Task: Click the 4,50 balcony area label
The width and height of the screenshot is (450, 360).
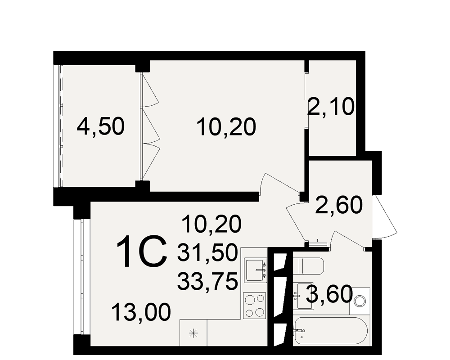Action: pyautogui.click(x=100, y=127)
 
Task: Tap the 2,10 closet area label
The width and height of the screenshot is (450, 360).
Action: pyautogui.click(x=331, y=107)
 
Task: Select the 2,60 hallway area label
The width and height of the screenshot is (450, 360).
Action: pyautogui.click(x=339, y=205)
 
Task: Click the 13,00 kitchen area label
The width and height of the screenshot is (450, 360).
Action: pyautogui.click(x=141, y=312)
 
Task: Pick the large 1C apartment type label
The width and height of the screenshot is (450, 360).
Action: pyautogui.click(x=142, y=252)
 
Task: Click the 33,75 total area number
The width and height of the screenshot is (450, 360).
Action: pyautogui.click(x=207, y=281)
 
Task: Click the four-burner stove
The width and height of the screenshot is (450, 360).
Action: pyautogui.click(x=255, y=306)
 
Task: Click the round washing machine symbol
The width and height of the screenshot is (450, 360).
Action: pyautogui.click(x=360, y=301)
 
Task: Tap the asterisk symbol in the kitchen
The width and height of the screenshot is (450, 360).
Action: pyautogui.click(x=193, y=333)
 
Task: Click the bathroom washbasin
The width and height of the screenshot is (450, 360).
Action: pyautogui.click(x=304, y=296)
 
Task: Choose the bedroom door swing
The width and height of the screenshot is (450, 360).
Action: pyautogui.click(x=280, y=184)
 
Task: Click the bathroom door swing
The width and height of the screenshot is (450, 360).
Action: pyautogui.click(x=349, y=240)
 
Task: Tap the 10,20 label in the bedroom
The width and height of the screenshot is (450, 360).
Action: pyautogui.click(x=226, y=127)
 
